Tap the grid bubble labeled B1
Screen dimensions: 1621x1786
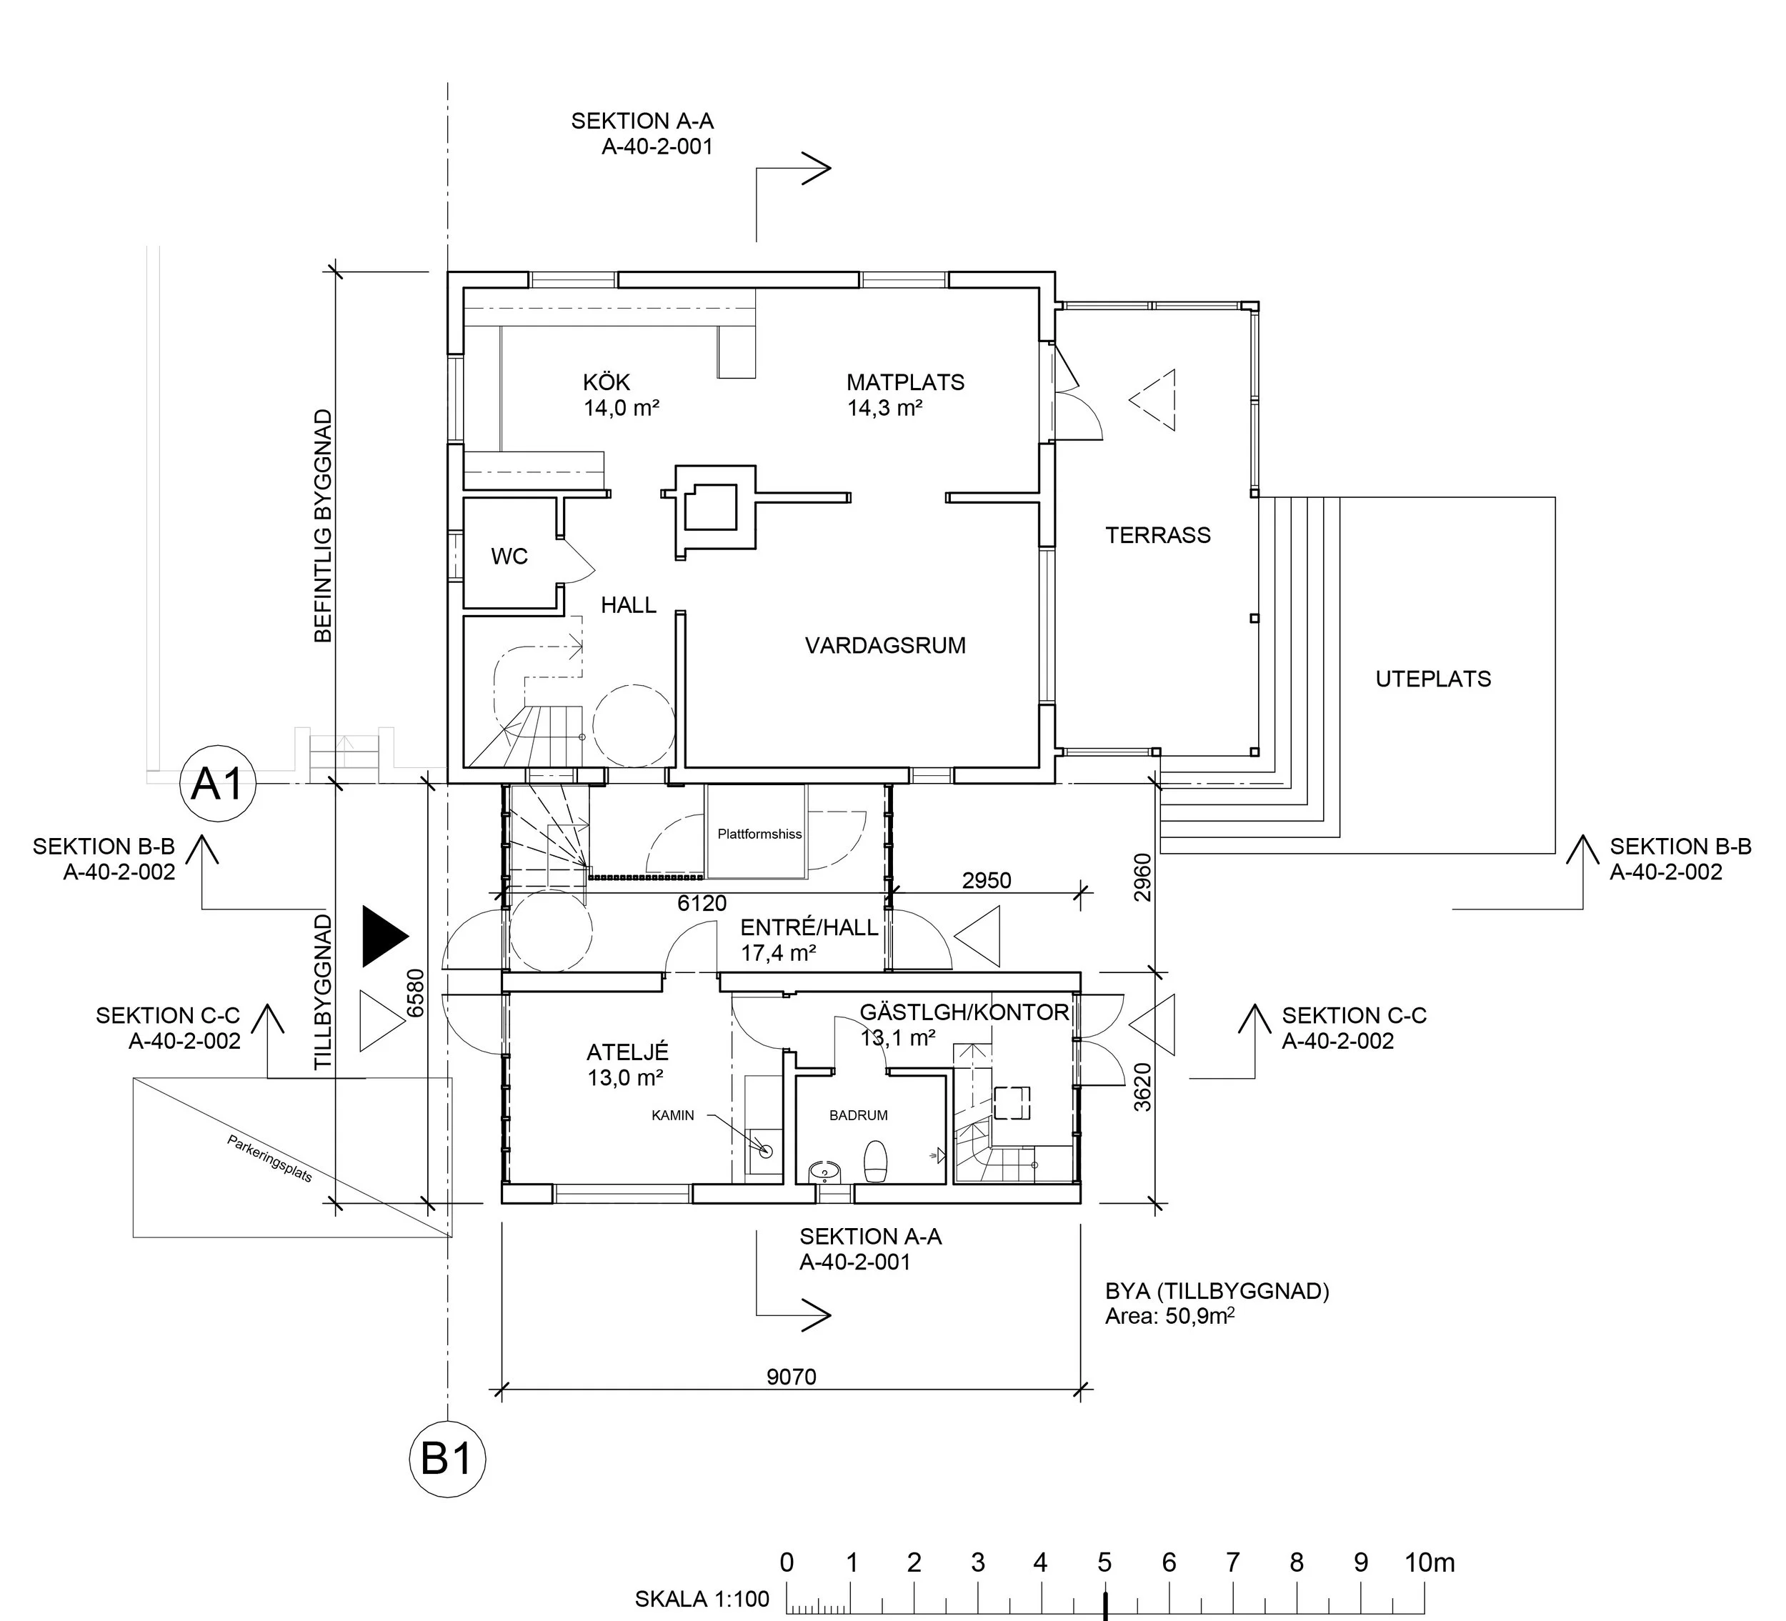pos(447,1459)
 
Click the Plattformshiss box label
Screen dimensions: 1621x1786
pos(759,834)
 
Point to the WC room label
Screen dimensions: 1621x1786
pos(509,557)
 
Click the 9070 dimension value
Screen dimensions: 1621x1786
pos(791,1377)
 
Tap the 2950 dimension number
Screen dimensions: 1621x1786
pos(986,880)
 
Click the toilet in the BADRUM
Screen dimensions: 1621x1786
pos(875,1161)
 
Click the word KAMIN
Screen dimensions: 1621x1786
pos(672,1115)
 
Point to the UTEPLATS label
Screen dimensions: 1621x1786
pos(1432,679)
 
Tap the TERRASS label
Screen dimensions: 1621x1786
pos(1158,535)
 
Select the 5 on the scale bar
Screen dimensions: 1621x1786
pos(1104,1562)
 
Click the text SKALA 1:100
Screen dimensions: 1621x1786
pos(702,1599)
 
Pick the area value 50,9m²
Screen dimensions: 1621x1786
pos(1199,1316)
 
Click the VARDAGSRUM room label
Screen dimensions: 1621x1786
pos(885,646)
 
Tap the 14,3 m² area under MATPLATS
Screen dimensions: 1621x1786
pos(885,409)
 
